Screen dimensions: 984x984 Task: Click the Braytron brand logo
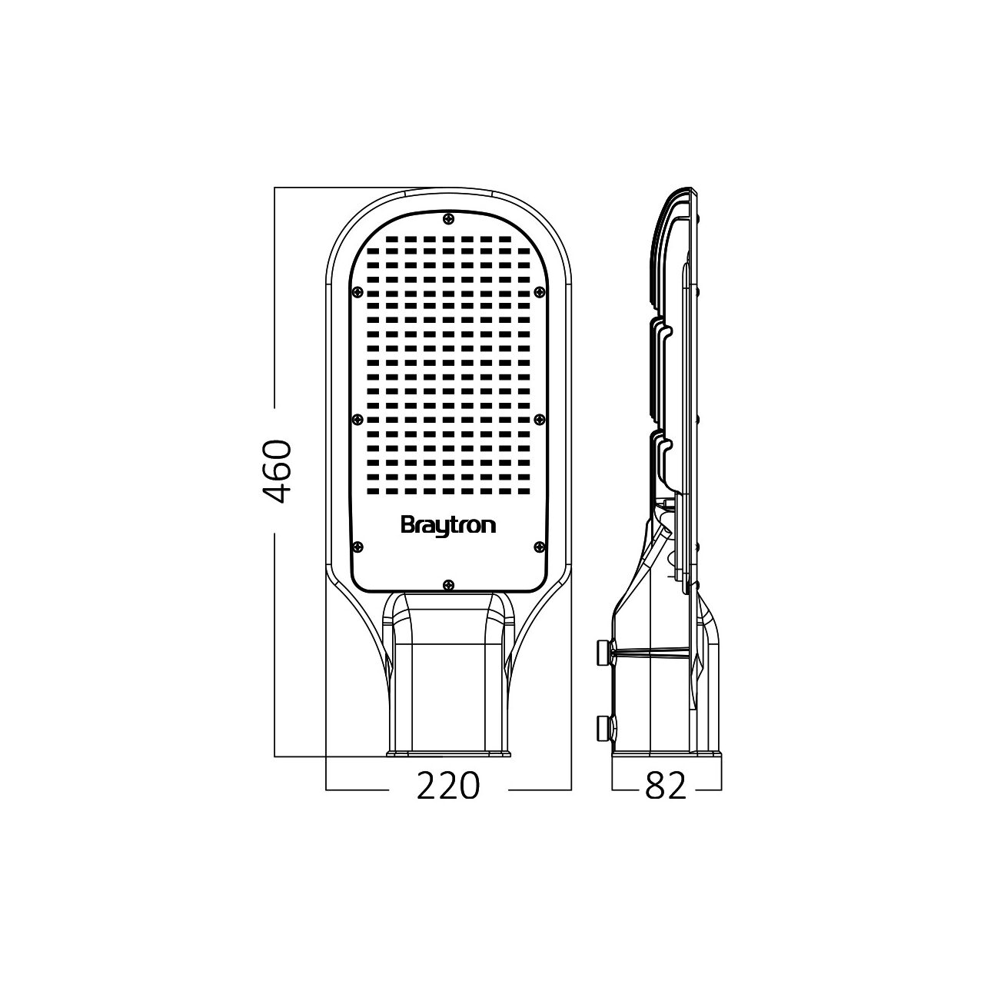(448, 527)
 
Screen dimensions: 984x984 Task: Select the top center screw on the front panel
(448, 218)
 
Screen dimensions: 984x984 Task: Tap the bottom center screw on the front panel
(448, 584)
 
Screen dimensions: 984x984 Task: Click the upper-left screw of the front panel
(357, 291)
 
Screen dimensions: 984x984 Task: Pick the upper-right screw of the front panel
(539, 291)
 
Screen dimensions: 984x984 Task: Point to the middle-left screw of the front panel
(357, 419)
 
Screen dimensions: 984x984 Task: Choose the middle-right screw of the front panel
(539, 419)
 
